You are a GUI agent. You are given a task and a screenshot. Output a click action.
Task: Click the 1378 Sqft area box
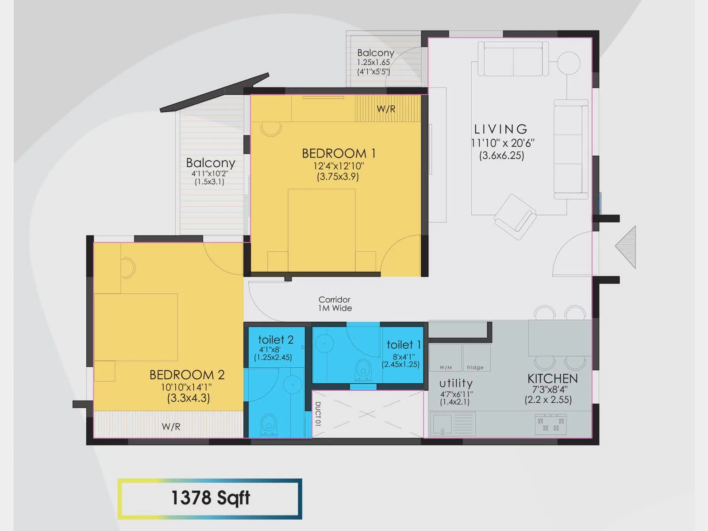[210, 498]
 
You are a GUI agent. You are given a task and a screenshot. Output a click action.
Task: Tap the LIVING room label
[501, 129]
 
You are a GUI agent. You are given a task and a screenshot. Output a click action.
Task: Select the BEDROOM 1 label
[339, 154]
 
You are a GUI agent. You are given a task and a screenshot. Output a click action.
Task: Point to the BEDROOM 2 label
[187, 375]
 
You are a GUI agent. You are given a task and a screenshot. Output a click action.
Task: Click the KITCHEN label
[552, 379]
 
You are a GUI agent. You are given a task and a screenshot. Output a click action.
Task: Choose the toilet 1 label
[403, 345]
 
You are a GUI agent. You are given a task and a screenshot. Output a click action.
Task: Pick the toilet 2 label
[276, 340]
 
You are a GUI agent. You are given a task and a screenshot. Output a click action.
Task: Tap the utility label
[456, 383]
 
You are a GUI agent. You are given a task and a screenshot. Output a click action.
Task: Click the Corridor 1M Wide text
[335, 304]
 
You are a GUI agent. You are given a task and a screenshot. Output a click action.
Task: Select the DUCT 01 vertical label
[318, 414]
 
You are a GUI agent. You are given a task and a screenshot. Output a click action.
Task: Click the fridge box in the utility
[476, 358]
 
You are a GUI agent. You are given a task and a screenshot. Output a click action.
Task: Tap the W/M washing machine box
[446, 358]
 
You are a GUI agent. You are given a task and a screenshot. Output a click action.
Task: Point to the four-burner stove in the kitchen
[551, 424]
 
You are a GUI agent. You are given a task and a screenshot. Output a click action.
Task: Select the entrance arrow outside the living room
[627, 247]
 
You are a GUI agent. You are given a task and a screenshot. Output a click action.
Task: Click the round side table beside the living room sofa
[568, 62]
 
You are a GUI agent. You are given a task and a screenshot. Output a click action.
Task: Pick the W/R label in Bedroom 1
[386, 109]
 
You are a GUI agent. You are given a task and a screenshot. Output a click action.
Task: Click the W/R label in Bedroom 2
[171, 427]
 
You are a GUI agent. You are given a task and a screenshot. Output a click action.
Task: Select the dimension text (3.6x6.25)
[501, 156]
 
